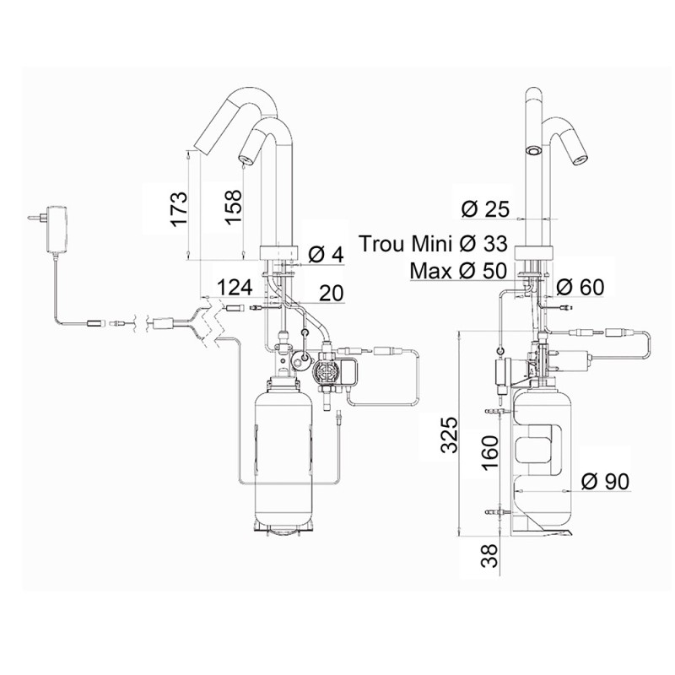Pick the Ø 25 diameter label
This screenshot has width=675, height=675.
tap(486, 208)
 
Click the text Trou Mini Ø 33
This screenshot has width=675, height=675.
tap(434, 244)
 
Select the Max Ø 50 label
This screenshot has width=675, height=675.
tap(457, 272)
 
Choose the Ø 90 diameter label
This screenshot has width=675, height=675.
tap(606, 482)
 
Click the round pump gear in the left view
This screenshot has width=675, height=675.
tap(326, 372)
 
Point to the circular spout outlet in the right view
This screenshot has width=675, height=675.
tap(532, 150)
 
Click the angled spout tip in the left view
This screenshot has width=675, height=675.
tap(208, 135)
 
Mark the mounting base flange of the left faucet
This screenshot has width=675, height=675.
tap(278, 251)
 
